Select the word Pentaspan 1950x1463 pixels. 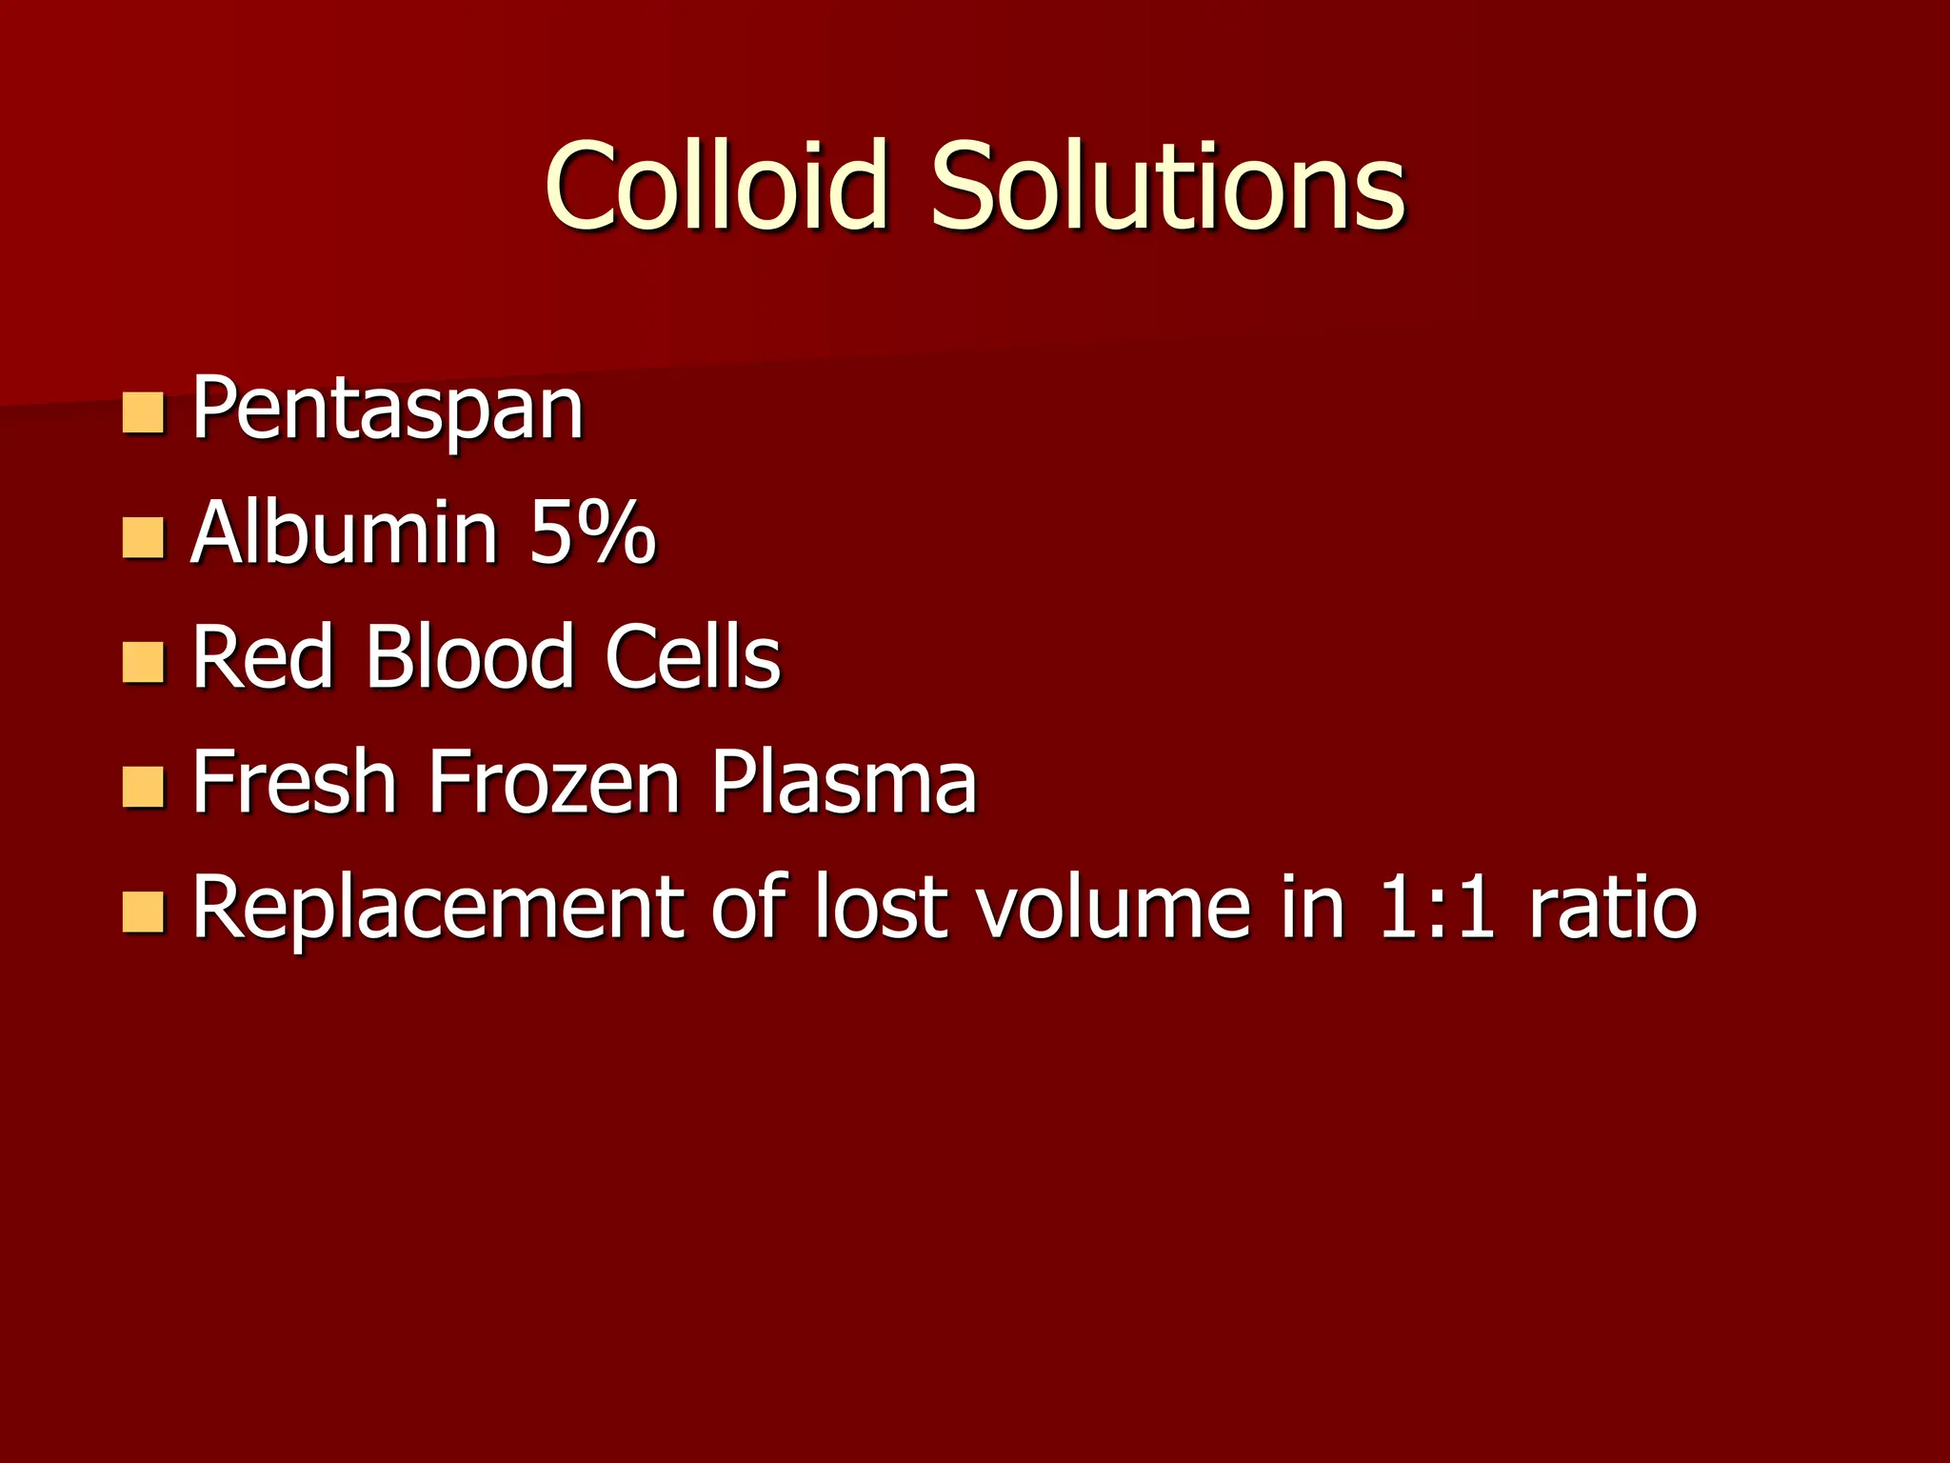388,410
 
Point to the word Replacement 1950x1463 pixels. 439,907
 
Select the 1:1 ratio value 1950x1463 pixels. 1435,907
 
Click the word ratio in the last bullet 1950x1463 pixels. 1613,907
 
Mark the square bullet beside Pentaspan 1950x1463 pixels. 144,413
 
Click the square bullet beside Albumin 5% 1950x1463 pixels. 144,537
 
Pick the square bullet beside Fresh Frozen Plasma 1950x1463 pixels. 144,787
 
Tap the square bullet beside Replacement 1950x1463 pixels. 144,912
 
